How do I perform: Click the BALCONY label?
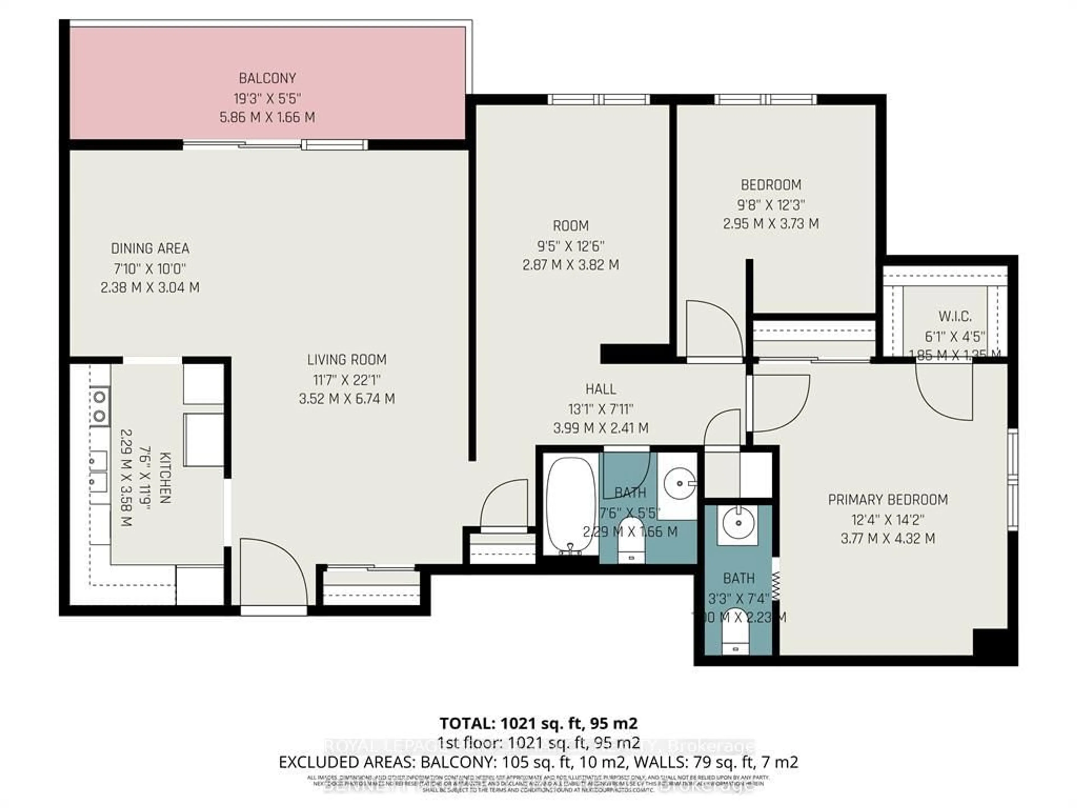pyautogui.click(x=267, y=78)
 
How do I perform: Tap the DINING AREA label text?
pyautogui.click(x=150, y=248)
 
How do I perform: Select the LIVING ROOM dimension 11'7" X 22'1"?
pyautogui.click(x=347, y=379)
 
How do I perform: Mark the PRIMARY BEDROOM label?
pyautogui.click(x=888, y=500)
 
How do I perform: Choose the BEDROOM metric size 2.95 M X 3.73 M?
pyautogui.click(x=771, y=224)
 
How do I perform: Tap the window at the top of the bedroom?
pyautogui.click(x=765, y=99)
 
